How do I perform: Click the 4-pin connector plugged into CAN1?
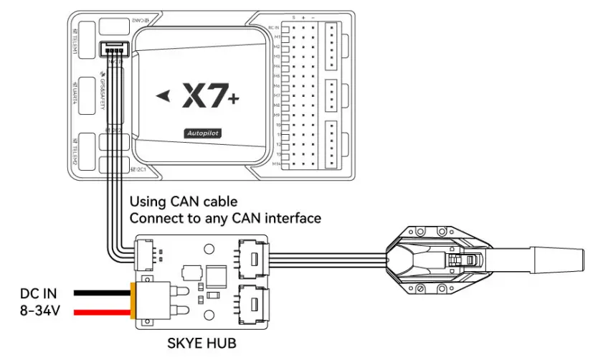click(114, 50)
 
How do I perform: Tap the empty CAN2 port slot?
click(114, 24)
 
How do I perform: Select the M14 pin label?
click(275, 164)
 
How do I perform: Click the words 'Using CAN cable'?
click(183, 201)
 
